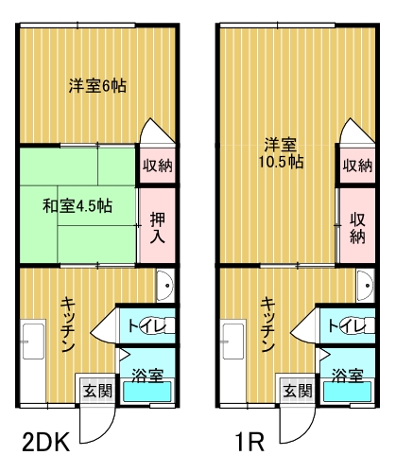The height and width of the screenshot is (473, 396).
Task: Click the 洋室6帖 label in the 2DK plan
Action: pos(97,86)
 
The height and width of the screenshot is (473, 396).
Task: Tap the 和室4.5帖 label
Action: pos(77,206)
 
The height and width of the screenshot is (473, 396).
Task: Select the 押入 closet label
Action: pos(158,228)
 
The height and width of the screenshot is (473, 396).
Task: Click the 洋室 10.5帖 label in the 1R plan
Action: pos(281,153)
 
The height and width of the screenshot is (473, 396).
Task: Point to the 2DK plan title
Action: pos(46,442)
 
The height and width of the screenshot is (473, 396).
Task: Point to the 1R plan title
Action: pos(250,442)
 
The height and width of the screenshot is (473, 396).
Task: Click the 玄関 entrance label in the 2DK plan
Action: pos(97,391)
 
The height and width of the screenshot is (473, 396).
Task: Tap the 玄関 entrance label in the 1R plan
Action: pos(298,391)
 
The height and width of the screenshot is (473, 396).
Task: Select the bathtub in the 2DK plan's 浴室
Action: pos(147,392)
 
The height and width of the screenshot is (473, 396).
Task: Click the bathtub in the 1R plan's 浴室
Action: pos(348,392)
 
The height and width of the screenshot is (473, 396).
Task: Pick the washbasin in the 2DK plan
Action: pos(165,285)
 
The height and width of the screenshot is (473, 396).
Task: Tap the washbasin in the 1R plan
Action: pos(366,285)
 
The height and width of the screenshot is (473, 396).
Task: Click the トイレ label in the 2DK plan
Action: pos(146,325)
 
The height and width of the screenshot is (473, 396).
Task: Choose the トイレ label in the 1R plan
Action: pos(347,325)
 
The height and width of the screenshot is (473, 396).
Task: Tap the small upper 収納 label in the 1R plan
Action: pos(357,166)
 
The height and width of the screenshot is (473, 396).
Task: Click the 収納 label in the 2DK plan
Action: pos(158,166)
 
